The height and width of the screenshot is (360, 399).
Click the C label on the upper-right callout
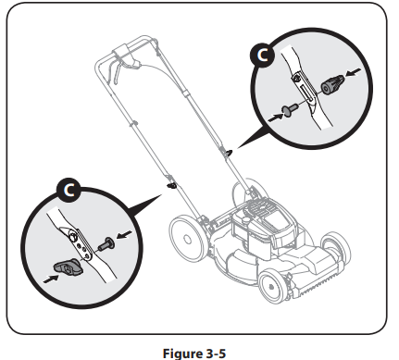coord(262,56)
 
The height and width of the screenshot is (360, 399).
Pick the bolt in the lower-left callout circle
coord(107,243)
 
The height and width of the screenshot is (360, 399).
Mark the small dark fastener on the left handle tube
coord(171,185)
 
